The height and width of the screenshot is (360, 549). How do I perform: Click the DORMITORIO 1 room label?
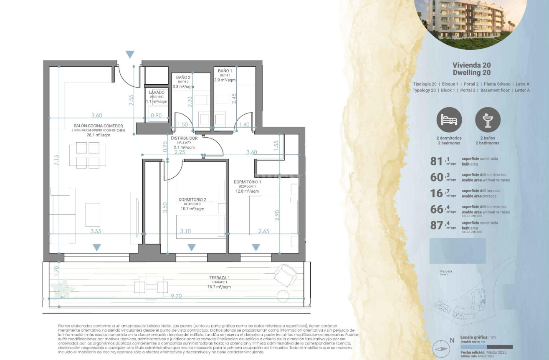(x=247, y=182)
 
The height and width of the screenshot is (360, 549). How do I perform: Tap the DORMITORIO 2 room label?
(x=192, y=199)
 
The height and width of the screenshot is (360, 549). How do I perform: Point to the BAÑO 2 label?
(x=183, y=78)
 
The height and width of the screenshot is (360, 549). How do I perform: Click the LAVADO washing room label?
(x=157, y=92)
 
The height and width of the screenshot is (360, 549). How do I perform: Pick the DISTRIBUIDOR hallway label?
(x=184, y=138)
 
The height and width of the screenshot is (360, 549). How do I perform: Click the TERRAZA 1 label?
(x=219, y=278)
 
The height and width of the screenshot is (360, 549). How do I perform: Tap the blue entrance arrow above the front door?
(x=130, y=55)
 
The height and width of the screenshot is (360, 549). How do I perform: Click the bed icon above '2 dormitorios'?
(x=449, y=120)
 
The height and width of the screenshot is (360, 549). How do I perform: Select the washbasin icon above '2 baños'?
(x=488, y=120)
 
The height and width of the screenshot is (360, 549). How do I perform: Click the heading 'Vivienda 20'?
(x=471, y=65)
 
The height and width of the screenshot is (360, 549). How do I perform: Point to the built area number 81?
(x=436, y=161)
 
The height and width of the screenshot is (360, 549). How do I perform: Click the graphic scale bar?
(x=486, y=347)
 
